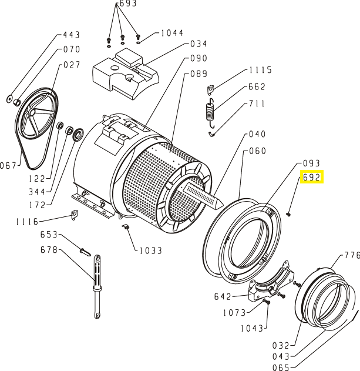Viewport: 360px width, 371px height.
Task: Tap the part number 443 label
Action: [71, 36]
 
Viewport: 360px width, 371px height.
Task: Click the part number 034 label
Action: [199, 44]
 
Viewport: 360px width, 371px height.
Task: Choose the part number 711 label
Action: [257, 103]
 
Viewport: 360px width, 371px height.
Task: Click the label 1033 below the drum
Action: [150, 250]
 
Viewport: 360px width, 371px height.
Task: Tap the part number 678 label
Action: [49, 250]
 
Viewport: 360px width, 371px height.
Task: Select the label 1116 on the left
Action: [27, 222]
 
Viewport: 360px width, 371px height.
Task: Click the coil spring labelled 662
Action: [210, 111]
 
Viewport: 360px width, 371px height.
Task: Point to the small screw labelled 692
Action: [290, 213]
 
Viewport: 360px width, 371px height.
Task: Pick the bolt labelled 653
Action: [85, 251]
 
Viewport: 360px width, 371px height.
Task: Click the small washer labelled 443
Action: [11, 96]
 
